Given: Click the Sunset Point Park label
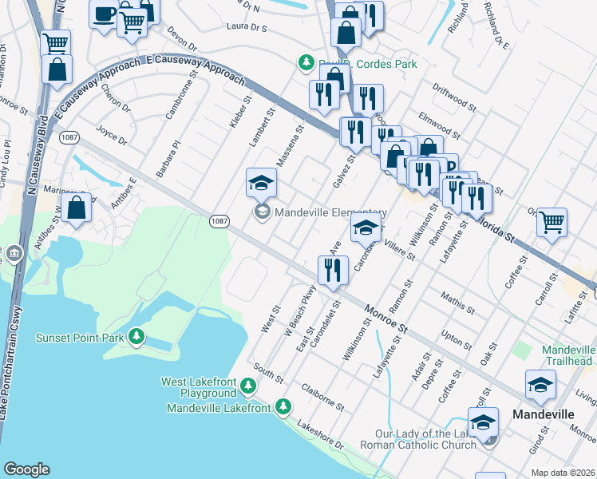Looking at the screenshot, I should (80, 338).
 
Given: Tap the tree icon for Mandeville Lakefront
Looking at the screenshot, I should (283, 407).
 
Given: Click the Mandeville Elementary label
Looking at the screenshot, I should (330, 212).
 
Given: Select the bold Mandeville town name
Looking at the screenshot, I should (543, 415).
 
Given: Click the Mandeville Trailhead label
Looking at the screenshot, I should (568, 356).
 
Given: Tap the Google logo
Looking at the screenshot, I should (26, 469).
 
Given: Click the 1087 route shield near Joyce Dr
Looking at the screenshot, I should (69, 137).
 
